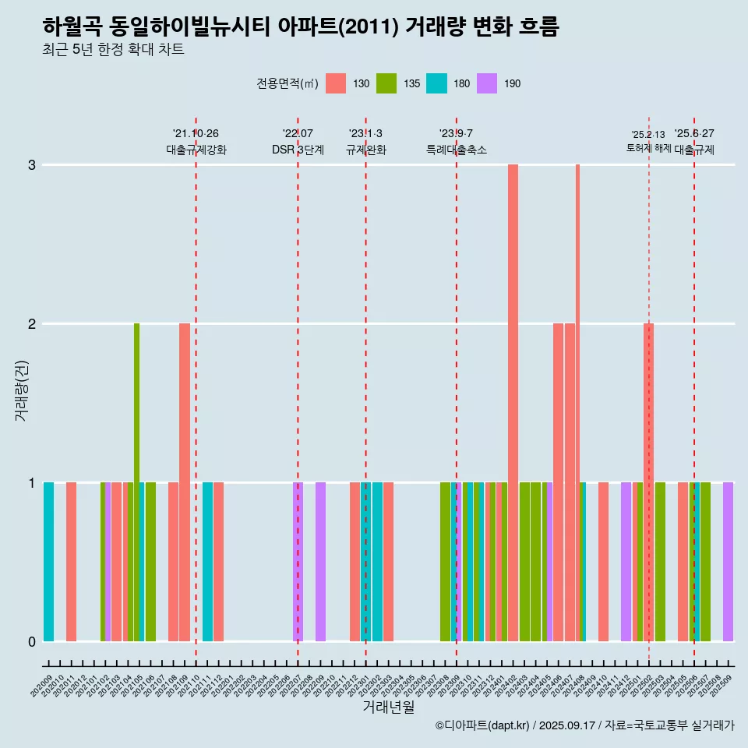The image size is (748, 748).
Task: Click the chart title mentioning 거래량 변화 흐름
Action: point(300,26)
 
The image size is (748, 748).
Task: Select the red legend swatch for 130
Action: point(336,83)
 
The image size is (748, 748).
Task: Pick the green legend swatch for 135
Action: point(386,83)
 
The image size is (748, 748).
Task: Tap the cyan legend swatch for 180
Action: point(436,83)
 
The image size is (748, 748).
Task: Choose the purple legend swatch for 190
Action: point(487,83)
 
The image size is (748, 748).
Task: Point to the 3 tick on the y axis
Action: point(32,165)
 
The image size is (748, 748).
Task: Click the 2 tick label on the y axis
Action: point(32,324)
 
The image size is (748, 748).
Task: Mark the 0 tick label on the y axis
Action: point(32,642)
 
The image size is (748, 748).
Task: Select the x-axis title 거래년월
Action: point(388,707)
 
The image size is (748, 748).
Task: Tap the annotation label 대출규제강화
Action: point(196,150)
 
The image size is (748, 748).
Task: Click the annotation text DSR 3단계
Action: point(298,150)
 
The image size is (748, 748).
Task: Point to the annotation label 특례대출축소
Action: point(456,150)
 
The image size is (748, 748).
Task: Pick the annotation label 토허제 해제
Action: point(648,148)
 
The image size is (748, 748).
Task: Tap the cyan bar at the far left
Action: point(48,561)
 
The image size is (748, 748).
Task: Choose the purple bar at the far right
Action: point(728,561)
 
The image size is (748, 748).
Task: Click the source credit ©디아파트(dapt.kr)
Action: point(484,725)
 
